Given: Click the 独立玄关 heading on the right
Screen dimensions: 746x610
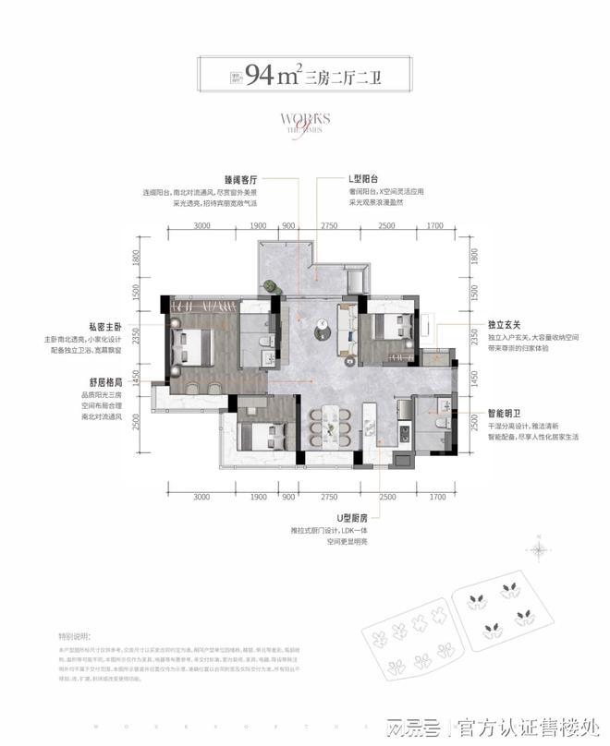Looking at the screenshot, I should pos(505,325).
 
